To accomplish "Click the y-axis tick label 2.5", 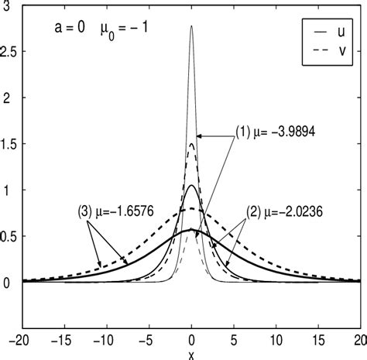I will (x=11, y=52).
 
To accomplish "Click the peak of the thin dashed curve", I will (x=191, y=143).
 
